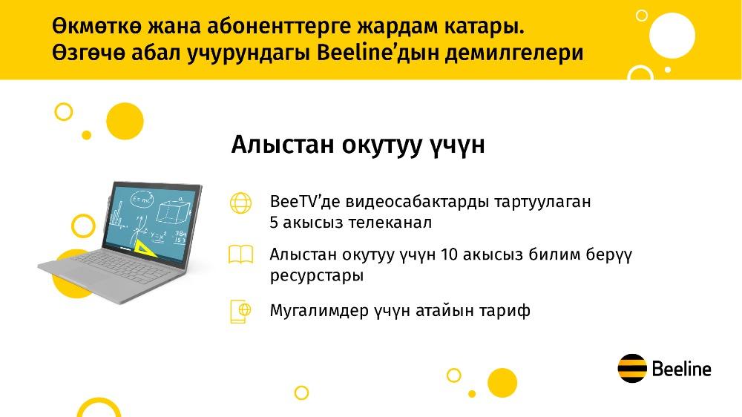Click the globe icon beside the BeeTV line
click(x=241, y=203)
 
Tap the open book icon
click(x=241, y=255)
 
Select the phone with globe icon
click(x=240, y=312)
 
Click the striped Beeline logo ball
click(x=632, y=368)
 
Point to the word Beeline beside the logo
click(x=681, y=369)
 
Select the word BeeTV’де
click(x=305, y=201)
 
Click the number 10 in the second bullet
click(x=449, y=255)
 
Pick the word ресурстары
click(x=317, y=275)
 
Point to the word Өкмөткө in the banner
click(x=97, y=27)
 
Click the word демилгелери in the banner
click(x=514, y=53)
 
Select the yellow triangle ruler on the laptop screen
click(x=146, y=248)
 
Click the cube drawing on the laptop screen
click(x=173, y=210)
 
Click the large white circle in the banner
click(x=672, y=36)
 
